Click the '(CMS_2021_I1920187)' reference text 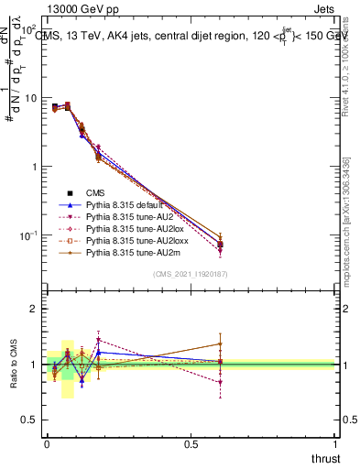[x=191, y=274]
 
